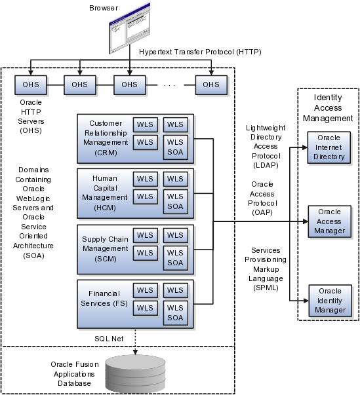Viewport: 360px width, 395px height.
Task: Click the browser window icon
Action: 130,28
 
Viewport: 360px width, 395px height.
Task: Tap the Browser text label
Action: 104,8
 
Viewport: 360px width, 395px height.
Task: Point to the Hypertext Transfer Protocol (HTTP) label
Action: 200,52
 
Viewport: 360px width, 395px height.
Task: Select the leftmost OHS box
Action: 31,85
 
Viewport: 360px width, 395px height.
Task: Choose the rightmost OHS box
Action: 211,85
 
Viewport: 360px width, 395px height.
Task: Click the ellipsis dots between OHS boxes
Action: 169,86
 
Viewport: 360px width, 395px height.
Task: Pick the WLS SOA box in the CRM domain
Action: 176,147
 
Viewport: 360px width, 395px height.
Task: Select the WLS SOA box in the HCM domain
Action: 176,202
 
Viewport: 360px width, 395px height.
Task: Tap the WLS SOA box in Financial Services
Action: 176,313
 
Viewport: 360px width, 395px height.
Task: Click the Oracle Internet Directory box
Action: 329,147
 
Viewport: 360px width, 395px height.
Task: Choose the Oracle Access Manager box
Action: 329,221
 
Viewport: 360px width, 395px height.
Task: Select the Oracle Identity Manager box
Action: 330,301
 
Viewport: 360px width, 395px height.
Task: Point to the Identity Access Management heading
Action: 328,108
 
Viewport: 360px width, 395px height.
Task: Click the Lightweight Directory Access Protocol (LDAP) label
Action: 266,146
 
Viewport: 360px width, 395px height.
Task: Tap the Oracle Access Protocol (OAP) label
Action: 262,198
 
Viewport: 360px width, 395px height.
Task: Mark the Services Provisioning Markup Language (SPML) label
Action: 266,269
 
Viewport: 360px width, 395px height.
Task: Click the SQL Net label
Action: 109,339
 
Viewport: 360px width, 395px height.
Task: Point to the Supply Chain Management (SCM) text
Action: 105,249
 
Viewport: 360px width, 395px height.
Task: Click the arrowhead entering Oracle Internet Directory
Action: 305,147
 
